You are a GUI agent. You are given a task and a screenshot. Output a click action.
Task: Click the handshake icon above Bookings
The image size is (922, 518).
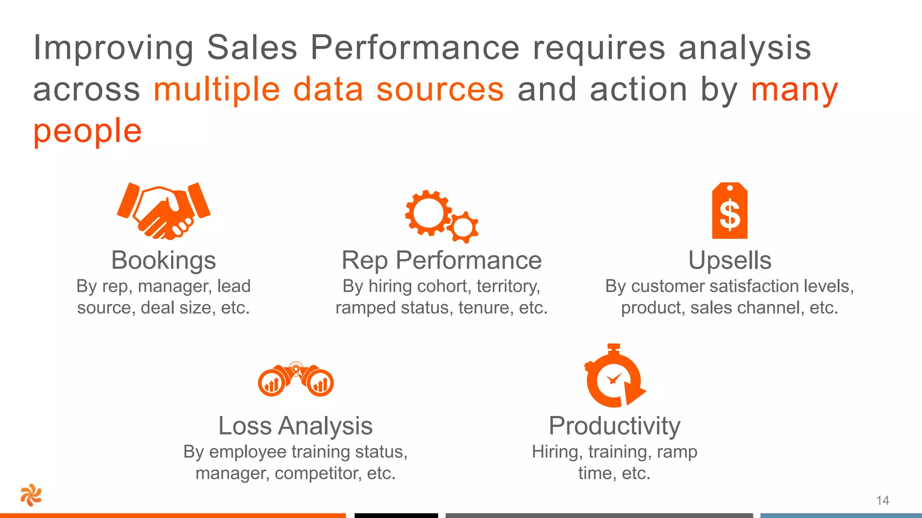[x=163, y=210]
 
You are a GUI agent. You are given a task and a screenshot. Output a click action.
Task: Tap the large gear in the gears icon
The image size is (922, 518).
[x=428, y=213]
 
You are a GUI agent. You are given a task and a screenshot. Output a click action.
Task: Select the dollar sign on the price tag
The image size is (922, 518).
[x=729, y=215]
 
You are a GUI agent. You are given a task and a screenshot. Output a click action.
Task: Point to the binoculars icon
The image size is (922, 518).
[x=296, y=380]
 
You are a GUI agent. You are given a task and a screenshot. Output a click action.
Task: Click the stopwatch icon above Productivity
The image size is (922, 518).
[x=614, y=377]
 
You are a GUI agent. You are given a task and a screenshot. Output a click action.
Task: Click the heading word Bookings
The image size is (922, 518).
[x=163, y=260]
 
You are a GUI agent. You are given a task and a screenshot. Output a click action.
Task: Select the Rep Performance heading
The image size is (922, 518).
[x=441, y=260]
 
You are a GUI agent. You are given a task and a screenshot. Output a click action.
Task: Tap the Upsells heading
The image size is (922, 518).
[x=729, y=260]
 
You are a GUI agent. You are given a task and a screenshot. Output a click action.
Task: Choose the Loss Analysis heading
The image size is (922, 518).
[x=295, y=425]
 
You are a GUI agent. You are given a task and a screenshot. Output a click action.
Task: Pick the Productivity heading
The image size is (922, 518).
[x=614, y=425]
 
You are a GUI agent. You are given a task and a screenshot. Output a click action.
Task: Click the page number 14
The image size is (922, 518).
[x=882, y=500]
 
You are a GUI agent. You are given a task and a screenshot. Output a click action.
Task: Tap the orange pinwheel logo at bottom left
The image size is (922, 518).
[x=31, y=495]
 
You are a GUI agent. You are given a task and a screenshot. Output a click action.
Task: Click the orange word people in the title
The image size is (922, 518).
[x=88, y=131]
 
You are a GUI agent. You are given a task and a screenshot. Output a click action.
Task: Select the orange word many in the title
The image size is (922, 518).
[x=794, y=89]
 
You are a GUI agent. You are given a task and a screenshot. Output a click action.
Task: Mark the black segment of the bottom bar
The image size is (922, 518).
[x=396, y=515]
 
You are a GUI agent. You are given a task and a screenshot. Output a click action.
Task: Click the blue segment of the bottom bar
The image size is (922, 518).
[x=841, y=515]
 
